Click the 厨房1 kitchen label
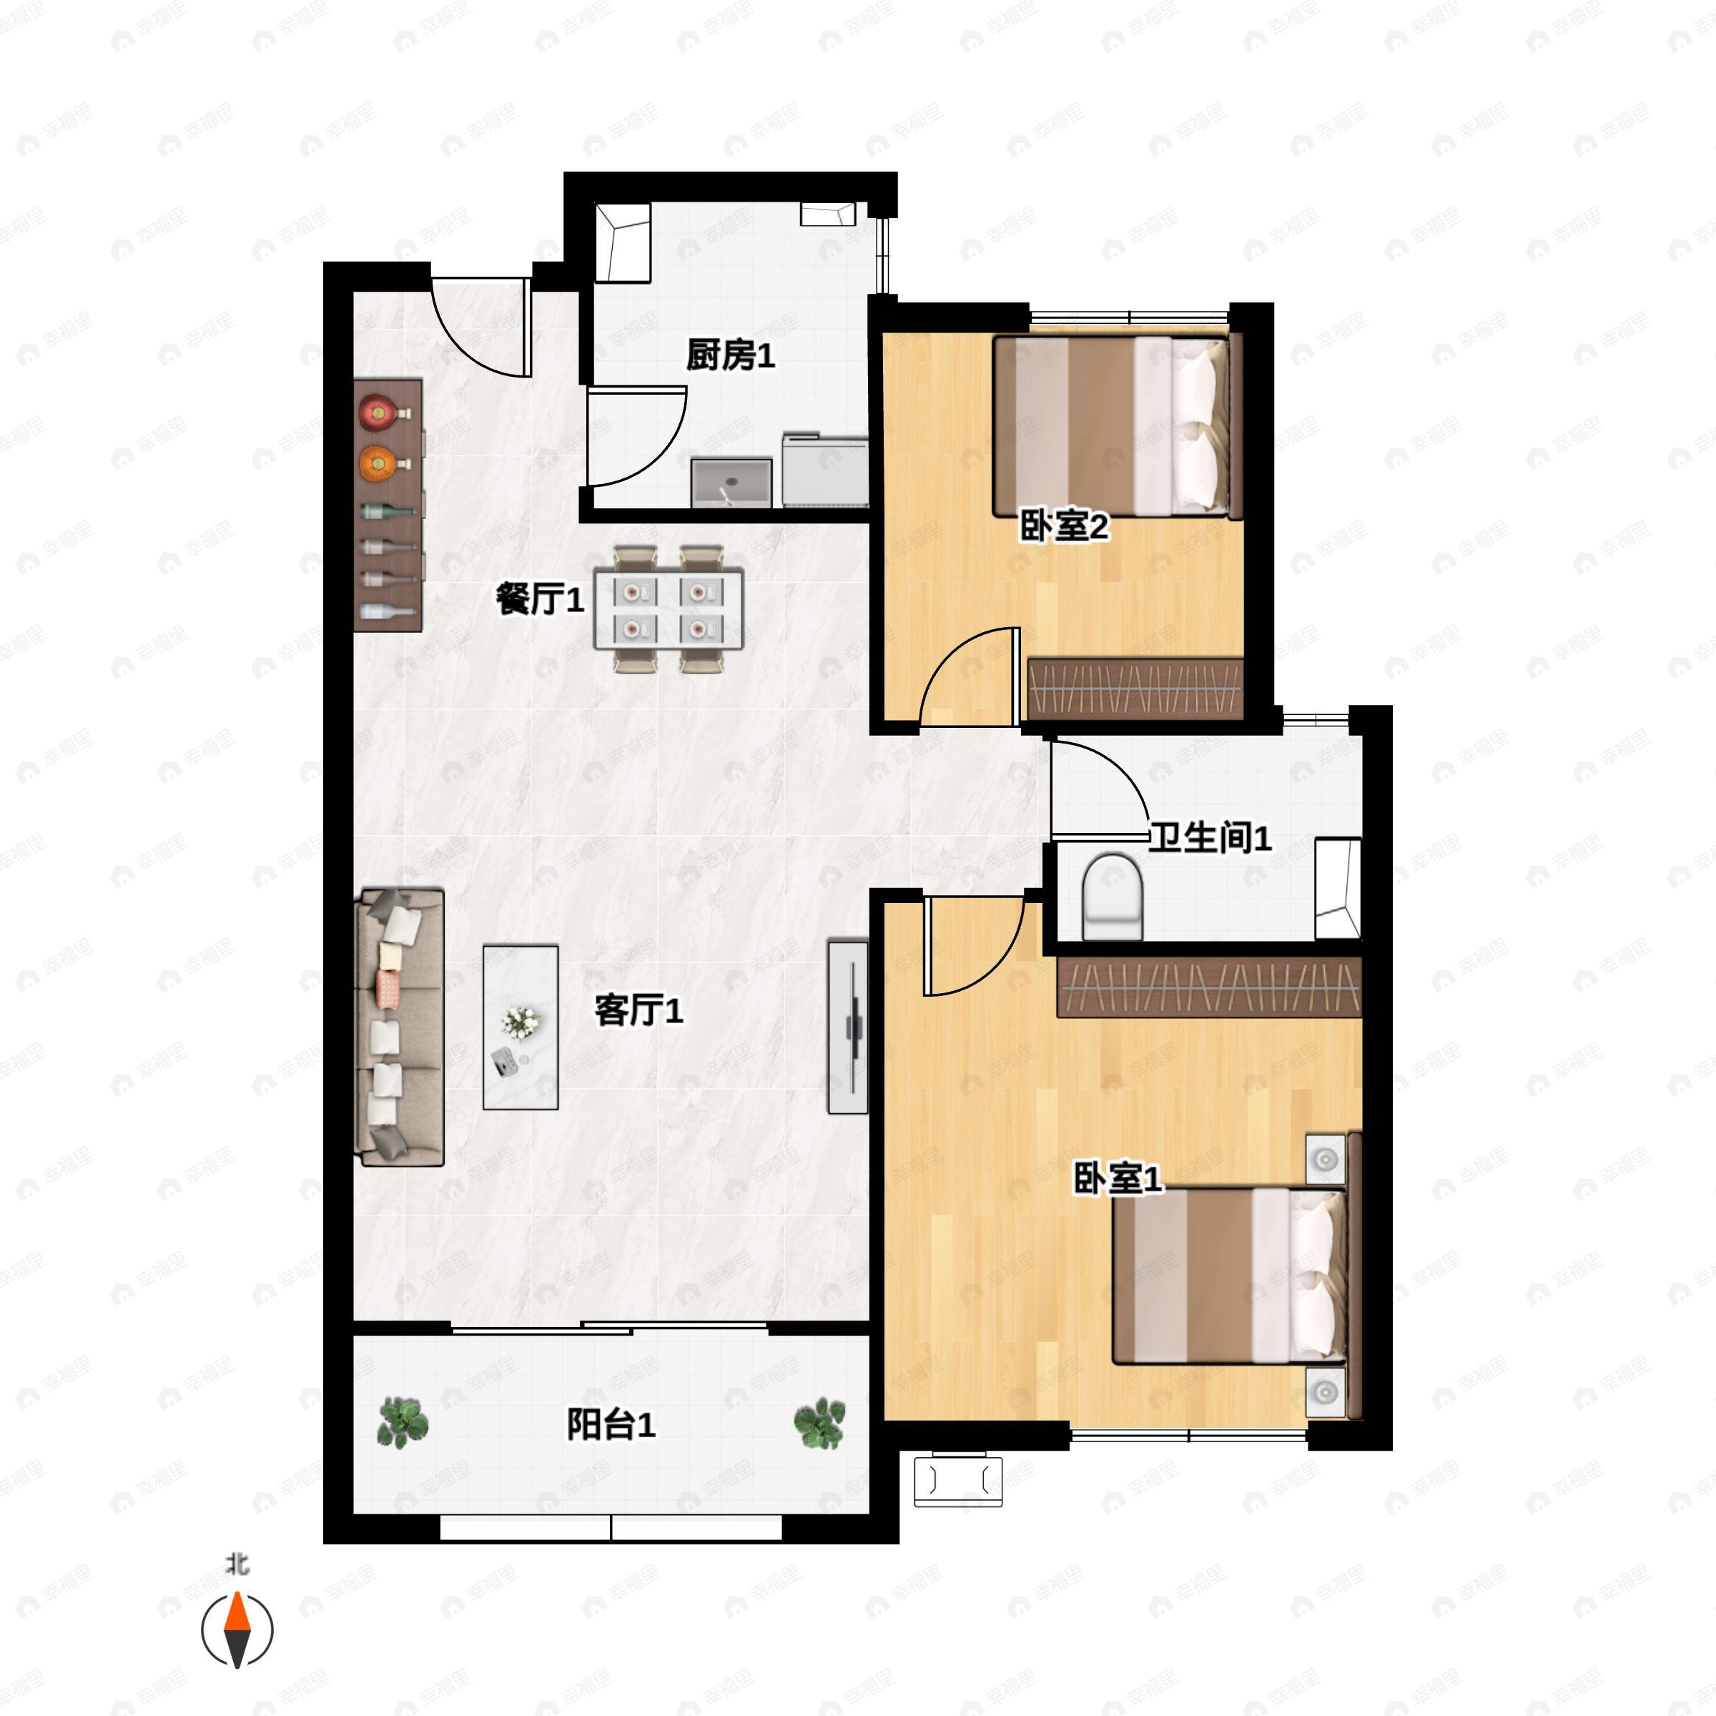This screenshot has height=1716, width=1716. [729, 356]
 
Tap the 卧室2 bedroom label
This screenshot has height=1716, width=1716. [1063, 527]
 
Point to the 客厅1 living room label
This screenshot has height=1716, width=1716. [638, 1010]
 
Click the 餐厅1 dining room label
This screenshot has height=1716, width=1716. [539, 600]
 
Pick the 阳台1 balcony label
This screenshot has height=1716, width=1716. [611, 1425]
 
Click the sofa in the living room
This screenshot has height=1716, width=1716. [400, 1027]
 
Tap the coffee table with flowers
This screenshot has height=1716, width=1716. [521, 1027]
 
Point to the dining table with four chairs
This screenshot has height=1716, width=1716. [668, 609]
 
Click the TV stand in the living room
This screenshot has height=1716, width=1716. [848, 1026]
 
